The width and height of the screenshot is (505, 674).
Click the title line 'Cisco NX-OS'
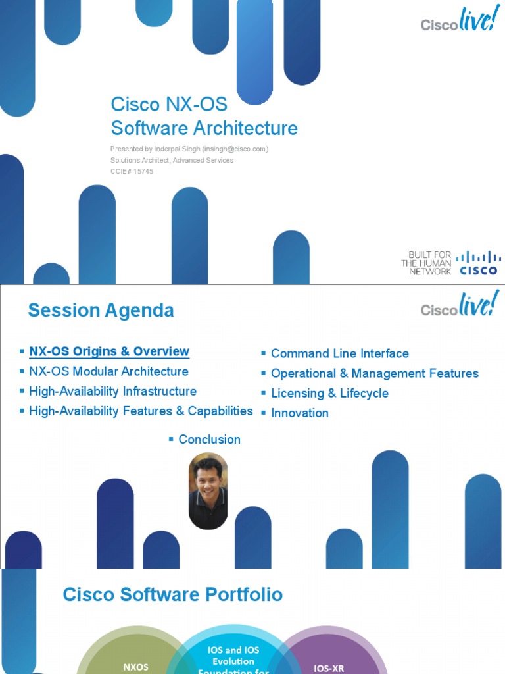point(169,104)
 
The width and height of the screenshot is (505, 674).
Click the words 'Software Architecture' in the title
point(204,128)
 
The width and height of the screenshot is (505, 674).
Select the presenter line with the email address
point(189,149)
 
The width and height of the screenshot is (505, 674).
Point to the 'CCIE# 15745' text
point(132,171)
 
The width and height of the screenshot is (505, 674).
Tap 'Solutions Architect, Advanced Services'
point(172,160)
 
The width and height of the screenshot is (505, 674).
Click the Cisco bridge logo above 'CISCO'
point(478,257)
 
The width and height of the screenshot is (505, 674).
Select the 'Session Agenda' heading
point(101,310)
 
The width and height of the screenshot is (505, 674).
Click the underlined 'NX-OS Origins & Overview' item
point(109,351)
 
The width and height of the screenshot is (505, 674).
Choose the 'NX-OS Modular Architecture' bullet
point(108,371)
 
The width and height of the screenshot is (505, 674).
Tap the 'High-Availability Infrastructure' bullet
point(112,391)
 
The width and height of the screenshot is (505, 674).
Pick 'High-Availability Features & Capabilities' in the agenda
point(141,411)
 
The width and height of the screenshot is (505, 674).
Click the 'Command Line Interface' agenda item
point(339,353)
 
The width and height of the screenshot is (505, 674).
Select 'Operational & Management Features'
point(374,373)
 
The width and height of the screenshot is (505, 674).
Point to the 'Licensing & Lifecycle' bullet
point(329,393)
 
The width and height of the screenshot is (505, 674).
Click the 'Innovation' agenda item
point(299,413)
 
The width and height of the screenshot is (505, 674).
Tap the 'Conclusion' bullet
point(209,439)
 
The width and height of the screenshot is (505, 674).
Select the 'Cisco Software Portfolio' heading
point(172,594)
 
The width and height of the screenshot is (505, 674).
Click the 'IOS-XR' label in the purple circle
point(329,668)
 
